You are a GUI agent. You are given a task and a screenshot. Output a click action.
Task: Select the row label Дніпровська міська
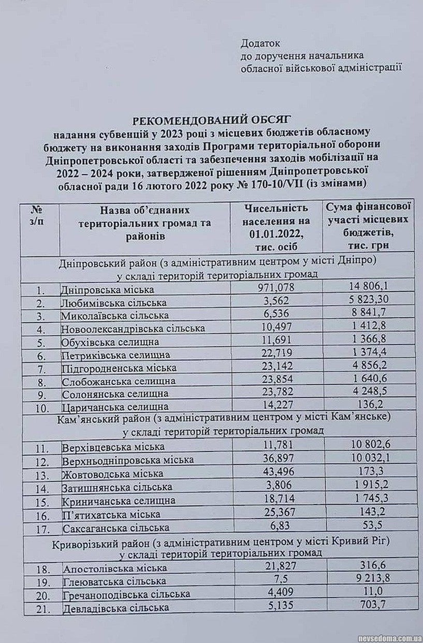click(x=108, y=290)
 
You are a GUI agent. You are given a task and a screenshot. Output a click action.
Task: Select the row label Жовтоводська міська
click(x=112, y=473)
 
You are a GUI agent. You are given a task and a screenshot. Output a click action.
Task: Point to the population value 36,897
click(x=276, y=459)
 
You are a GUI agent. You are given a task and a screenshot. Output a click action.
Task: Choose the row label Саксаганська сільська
click(x=115, y=528)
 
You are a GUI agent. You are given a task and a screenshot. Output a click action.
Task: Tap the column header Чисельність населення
click(x=276, y=227)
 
